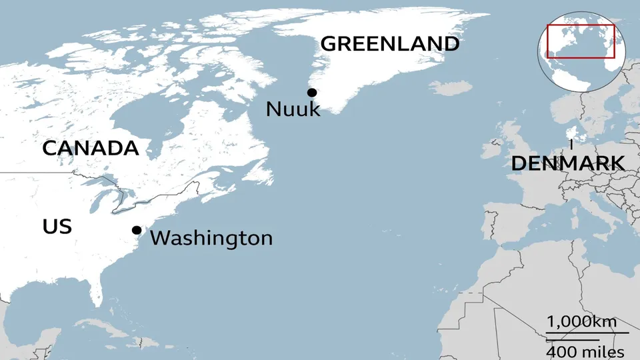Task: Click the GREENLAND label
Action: point(390,44)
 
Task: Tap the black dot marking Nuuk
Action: point(311,93)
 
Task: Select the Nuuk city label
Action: point(293,109)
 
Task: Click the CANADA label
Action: point(90,149)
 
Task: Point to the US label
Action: point(57,227)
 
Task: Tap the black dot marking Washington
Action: point(137,230)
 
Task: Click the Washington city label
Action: point(211,238)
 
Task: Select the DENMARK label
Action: point(567,163)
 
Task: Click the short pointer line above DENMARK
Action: point(571,144)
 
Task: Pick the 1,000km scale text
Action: point(581,321)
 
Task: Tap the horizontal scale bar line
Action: point(587,333)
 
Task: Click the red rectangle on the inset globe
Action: point(580,41)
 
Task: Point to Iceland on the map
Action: point(451,88)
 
